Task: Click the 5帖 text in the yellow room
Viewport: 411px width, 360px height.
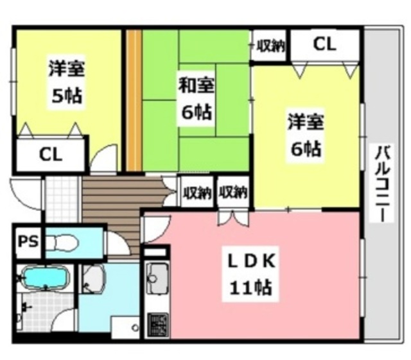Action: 66,96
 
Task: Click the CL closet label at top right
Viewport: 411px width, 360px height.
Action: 324,44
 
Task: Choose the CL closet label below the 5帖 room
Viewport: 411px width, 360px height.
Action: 51,155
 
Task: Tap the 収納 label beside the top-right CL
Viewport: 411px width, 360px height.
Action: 270,46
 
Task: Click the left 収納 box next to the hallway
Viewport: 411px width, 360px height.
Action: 197,192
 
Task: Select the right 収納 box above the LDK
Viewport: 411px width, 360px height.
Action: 232,192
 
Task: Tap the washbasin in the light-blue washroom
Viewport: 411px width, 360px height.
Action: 94,279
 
